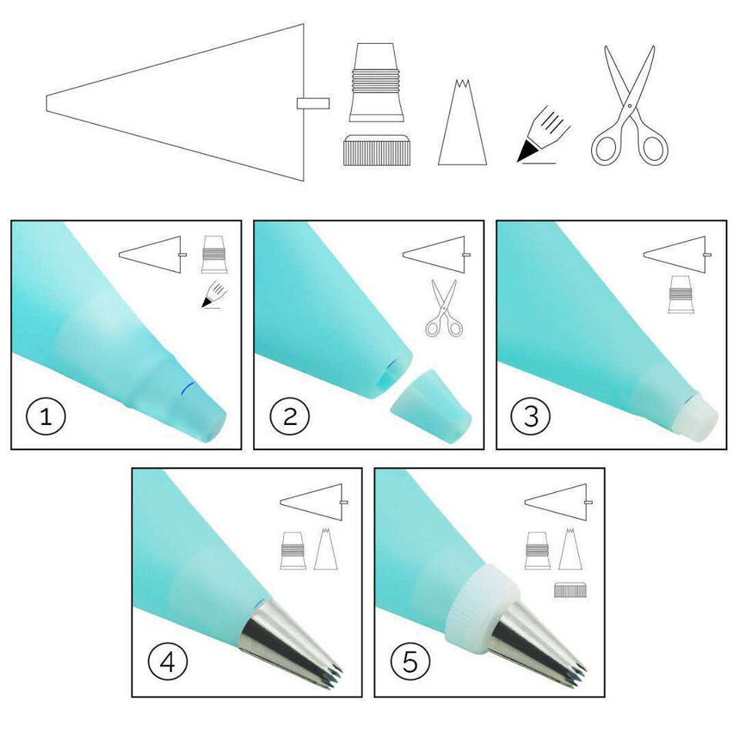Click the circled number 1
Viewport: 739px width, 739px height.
pos(47,418)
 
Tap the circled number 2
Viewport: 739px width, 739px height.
pos(289,418)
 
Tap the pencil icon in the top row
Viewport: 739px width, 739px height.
pos(544,135)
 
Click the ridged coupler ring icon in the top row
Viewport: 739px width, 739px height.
pos(376,150)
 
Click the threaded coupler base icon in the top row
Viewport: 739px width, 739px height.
pos(376,83)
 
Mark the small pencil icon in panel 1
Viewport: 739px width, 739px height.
pos(213,296)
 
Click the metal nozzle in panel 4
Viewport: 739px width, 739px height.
pos(289,638)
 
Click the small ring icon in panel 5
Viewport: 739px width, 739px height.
pos(570,590)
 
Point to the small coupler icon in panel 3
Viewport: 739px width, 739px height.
pos(680,294)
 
